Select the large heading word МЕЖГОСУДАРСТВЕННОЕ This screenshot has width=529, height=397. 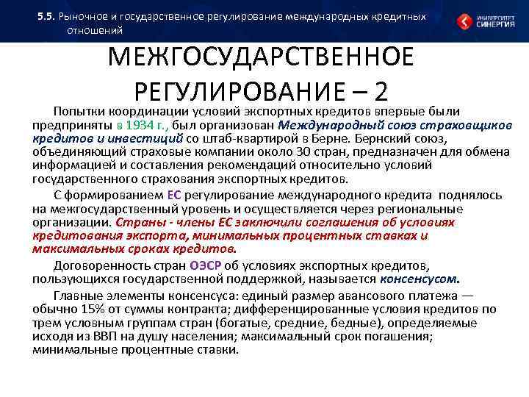260,58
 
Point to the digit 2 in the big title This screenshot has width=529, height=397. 380,91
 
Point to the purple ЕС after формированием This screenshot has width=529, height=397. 174,195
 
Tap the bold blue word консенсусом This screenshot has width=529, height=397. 420,279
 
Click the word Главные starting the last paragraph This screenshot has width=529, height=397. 78,296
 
